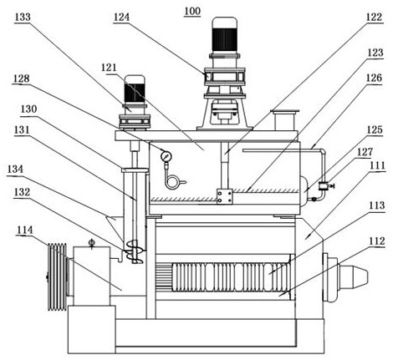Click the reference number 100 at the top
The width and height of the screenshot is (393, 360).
coord(192,11)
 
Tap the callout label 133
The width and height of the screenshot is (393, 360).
coord(23,17)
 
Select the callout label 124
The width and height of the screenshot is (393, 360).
coord(121,18)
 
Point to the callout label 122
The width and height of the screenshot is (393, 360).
coord(374,18)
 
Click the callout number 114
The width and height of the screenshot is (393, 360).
coord(25,230)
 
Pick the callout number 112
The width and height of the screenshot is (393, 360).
coord(377,241)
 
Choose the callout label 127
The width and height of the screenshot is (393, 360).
coord(365,152)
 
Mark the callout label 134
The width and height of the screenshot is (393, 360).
coord(15,169)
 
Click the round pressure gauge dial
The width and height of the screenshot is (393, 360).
coord(166,156)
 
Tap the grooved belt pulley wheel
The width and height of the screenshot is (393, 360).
coord(58,276)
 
